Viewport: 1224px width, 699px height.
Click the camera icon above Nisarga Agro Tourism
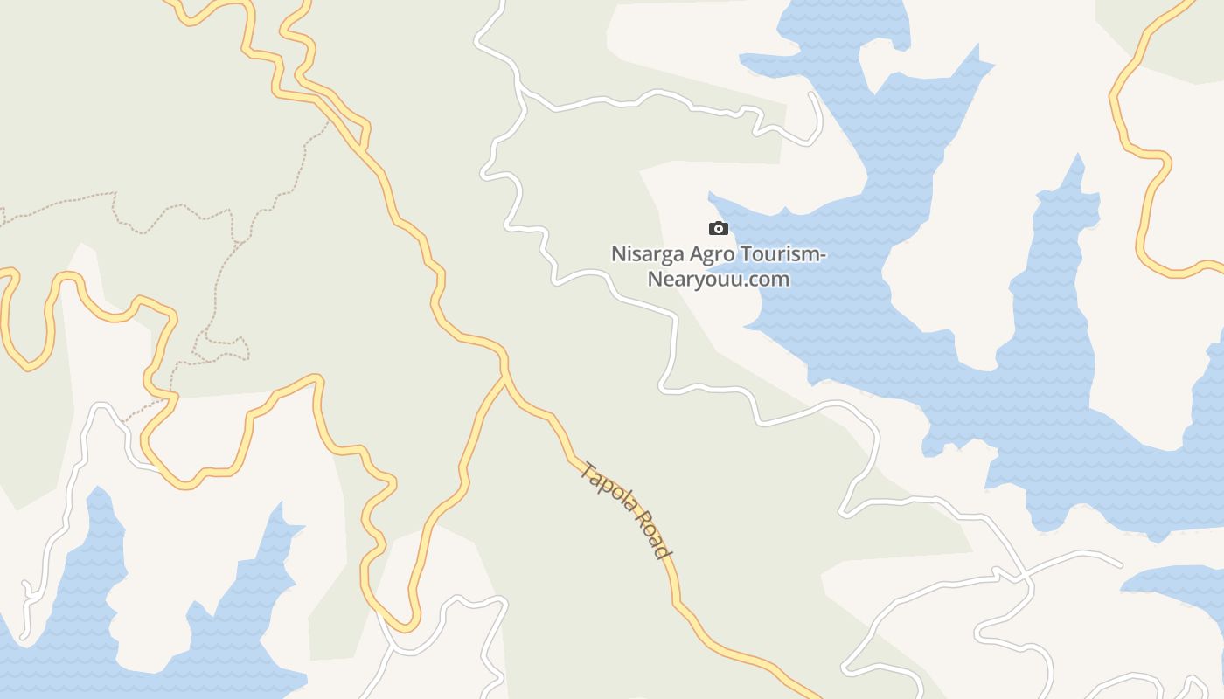point(718,229)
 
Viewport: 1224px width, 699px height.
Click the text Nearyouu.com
point(718,280)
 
